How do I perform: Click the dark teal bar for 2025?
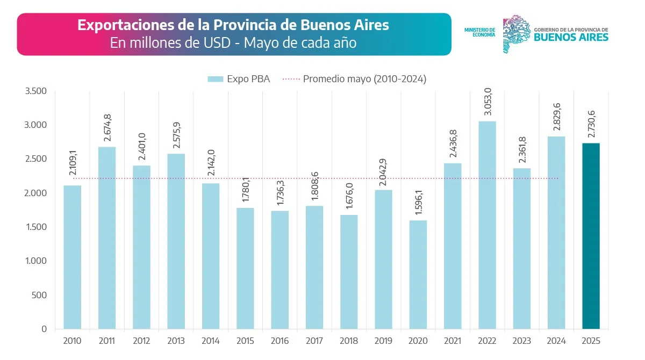[x=591, y=236]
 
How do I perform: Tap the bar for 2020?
[x=418, y=275]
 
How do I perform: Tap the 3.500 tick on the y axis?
[x=36, y=91]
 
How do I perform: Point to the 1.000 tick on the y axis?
[x=36, y=261]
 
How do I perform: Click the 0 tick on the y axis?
[x=44, y=329]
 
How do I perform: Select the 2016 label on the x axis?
[x=279, y=341]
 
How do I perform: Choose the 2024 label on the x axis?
[x=556, y=341]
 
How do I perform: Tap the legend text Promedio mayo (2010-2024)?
[x=364, y=79]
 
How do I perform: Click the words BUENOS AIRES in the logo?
[x=571, y=37]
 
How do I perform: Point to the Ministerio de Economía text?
[x=479, y=32]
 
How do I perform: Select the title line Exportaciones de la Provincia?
[x=233, y=25]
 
